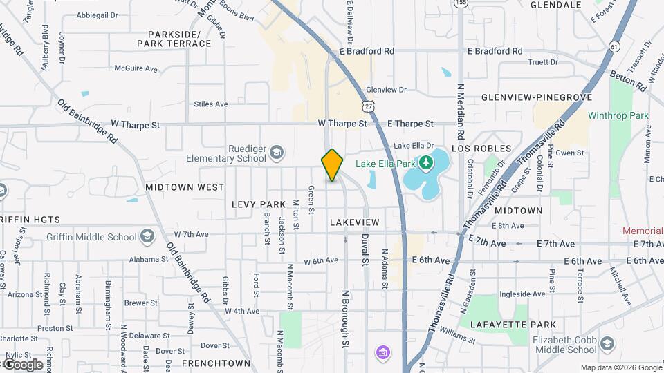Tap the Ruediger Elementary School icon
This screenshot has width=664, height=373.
point(276,152)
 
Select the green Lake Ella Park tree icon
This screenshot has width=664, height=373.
point(427,163)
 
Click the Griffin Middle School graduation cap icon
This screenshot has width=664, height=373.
point(147,237)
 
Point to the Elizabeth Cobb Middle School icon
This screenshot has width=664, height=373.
point(607,344)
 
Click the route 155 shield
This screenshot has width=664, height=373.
point(459,3)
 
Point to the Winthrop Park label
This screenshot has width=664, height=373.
point(618,115)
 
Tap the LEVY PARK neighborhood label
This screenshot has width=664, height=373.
point(259,204)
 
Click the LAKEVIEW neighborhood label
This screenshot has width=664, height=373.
point(355,222)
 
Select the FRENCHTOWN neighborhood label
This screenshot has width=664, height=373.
point(216,363)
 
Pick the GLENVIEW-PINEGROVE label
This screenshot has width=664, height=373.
point(533,97)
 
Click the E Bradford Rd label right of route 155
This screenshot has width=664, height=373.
point(495,51)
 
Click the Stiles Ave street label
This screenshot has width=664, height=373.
point(211,104)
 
